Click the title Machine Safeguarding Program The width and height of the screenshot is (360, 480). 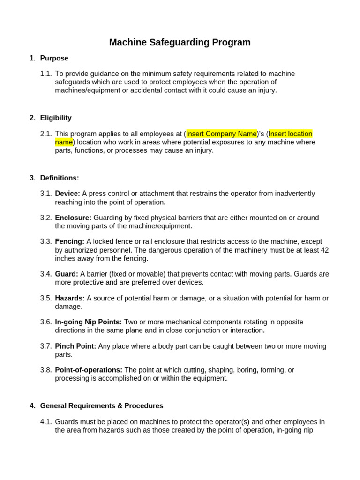click(180, 43)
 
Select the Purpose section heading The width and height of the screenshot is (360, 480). click(54, 58)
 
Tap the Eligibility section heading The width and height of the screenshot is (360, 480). click(56, 118)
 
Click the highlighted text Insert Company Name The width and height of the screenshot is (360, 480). click(221, 134)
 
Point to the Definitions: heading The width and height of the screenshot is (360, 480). click(60, 178)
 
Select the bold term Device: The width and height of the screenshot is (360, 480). click(67, 194)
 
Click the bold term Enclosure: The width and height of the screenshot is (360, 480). click(73, 217)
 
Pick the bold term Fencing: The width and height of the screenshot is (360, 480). click(69, 241)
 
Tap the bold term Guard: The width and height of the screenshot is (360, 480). click(67, 274)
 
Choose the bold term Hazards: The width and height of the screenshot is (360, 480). click(70, 298)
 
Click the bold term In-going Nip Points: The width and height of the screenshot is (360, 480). click(88, 322)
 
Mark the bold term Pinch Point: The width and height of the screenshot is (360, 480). click(75, 346)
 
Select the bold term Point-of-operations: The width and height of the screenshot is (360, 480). click(89, 370)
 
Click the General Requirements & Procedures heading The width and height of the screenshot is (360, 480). click(102, 406)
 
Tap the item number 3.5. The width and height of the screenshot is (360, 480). click(45, 298)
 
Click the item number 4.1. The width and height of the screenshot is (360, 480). click(45, 422)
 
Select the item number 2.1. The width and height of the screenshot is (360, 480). click(45, 134)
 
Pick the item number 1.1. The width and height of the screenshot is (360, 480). click(45, 74)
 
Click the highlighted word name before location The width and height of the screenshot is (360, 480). click(64, 142)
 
